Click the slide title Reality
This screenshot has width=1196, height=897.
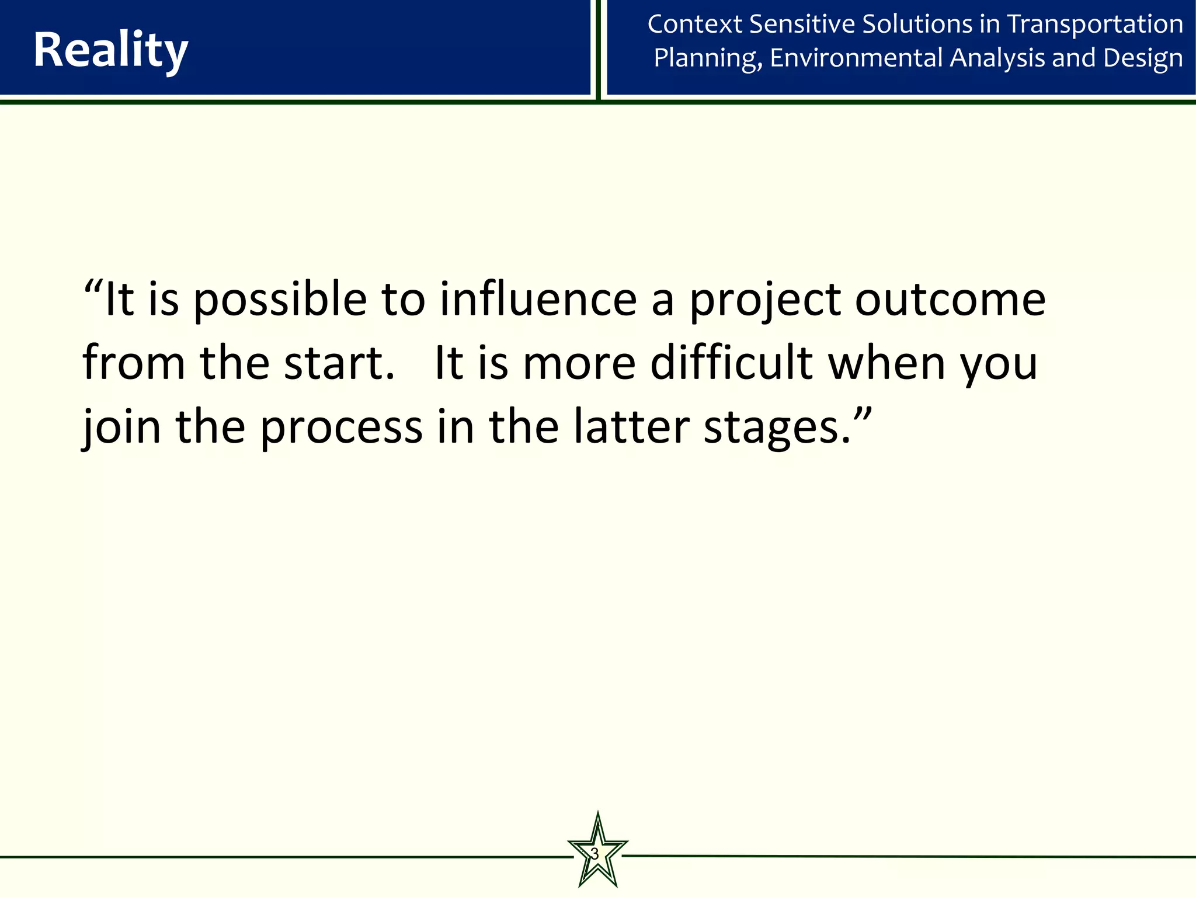[110, 50]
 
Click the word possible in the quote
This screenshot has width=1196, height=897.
[280, 301]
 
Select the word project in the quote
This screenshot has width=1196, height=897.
[765, 301]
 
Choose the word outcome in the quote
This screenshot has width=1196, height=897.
[950, 300]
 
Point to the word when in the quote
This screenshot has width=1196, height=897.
[886, 363]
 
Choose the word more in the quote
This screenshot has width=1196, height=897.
[579, 364]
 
